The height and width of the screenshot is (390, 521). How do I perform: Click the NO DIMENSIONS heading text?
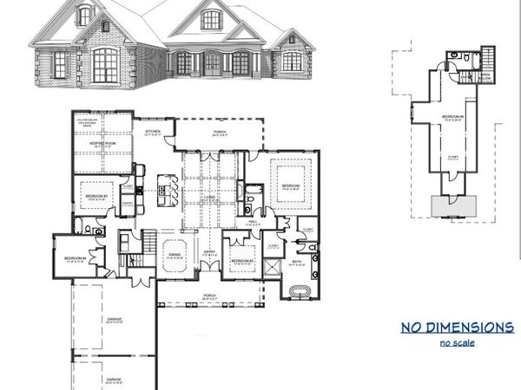(x=457, y=328)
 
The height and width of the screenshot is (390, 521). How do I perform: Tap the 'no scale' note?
(x=457, y=344)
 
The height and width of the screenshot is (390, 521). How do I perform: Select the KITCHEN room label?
(x=153, y=131)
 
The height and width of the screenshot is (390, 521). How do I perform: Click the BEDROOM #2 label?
(x=241, y=261)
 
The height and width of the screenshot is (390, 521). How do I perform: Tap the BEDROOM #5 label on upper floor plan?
(x=452, y=116)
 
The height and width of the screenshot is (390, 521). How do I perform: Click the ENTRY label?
(x=209, y=252)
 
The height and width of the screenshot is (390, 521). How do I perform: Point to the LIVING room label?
(x=209, y=197)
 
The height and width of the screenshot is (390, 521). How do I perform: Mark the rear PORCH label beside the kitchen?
(x=221, y=133)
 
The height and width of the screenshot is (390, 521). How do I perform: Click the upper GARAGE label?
(x=115, y=319)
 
